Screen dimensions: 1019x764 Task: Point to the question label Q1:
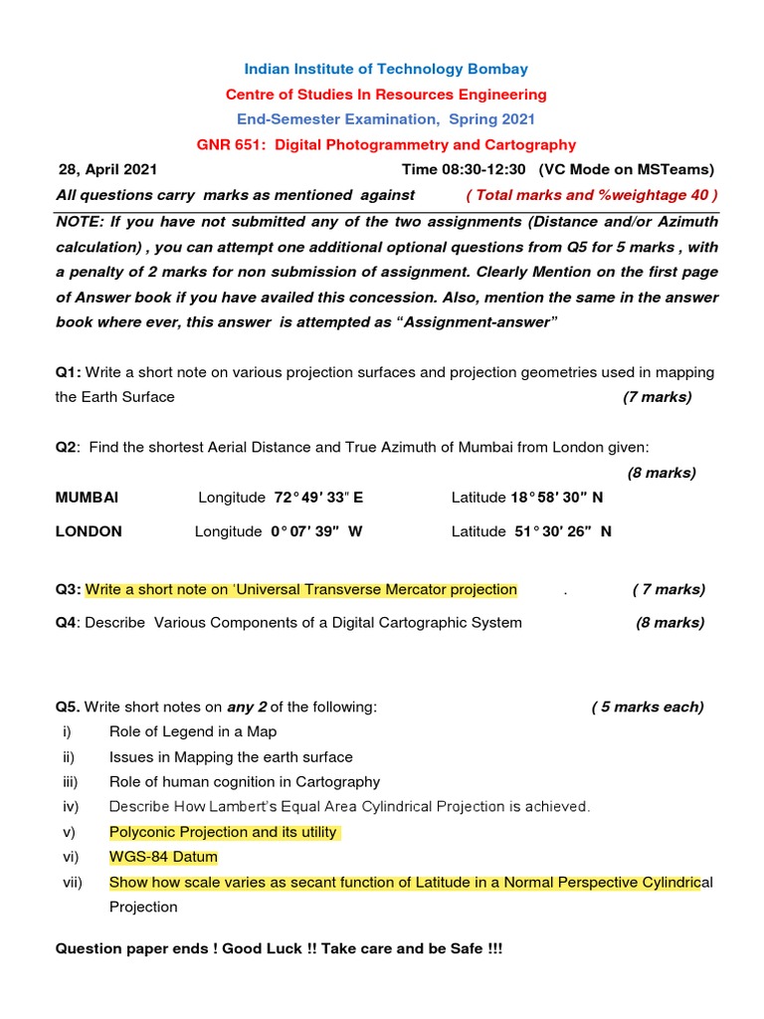(x=69, y=372)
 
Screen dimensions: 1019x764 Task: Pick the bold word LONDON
(x=89, y=531)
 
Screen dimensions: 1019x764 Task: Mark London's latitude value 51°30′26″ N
(x=561, y=531)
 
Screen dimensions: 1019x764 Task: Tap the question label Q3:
(x=69, y=589)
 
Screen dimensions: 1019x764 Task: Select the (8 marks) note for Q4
(x=669, y=623)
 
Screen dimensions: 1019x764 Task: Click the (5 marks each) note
(x=647, y=707)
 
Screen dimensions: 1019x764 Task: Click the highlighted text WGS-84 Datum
(x=163, y=857)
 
